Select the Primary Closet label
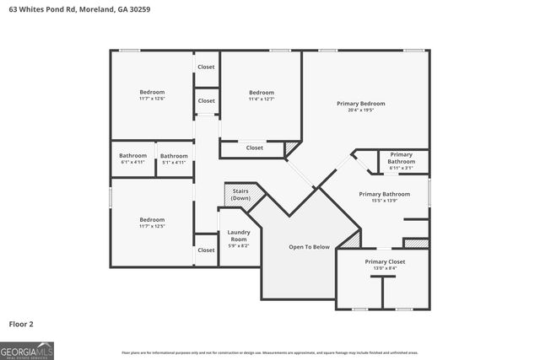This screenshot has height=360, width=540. (385, 262)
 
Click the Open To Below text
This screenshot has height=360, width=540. (309, 247)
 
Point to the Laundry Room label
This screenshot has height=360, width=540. (239, 235)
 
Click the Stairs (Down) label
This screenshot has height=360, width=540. (241, 195)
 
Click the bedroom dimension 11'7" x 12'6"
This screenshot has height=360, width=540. (152, 99)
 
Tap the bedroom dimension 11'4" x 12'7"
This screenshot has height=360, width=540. (262, 99)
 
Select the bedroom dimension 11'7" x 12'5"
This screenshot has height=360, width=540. (152, 226)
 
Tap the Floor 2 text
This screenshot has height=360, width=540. (21, 324)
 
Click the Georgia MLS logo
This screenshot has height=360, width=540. (27, 350)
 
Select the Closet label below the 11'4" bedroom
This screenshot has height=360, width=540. (254, 148)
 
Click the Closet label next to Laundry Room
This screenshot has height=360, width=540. (206, 250)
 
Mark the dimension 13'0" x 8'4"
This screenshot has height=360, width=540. (385, 269)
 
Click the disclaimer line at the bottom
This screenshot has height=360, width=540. (270, 352)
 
